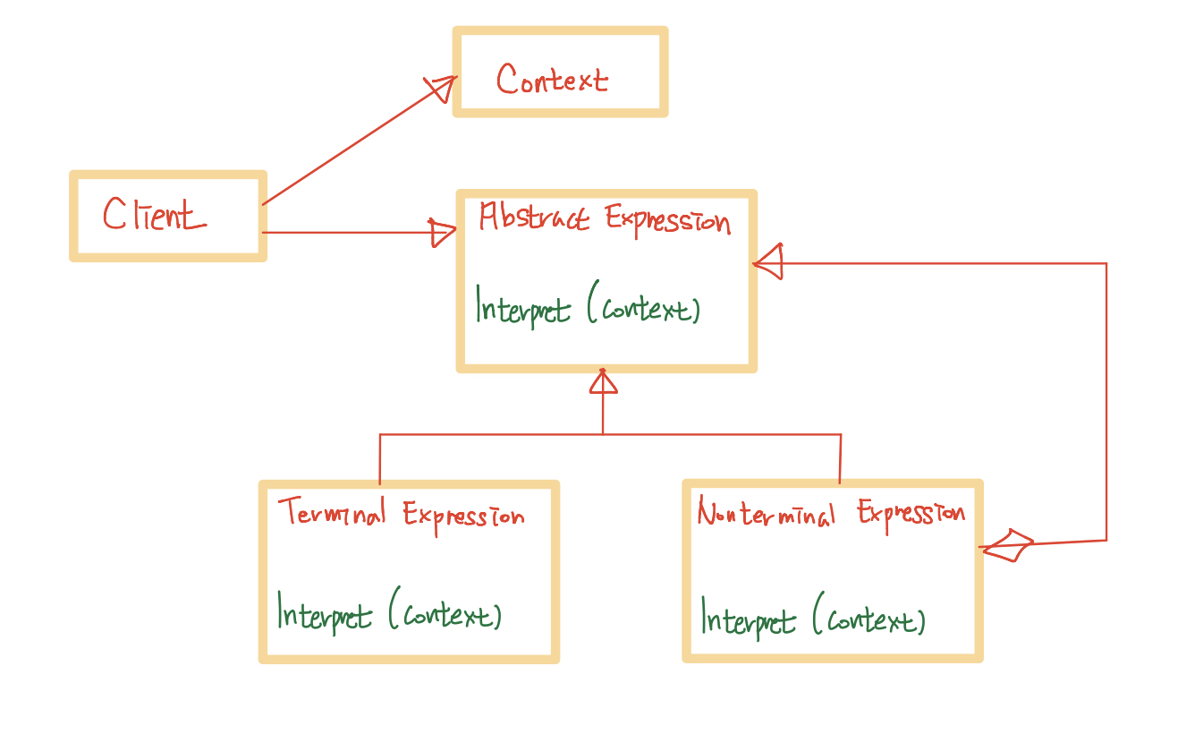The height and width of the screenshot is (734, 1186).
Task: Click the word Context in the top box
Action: pyautogui.click(x=552, y=80)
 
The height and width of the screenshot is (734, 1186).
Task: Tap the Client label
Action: pyautogui.click(x=154, y=216)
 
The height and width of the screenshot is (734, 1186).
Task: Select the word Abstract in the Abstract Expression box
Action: pyautogui.click(x=534, y=218)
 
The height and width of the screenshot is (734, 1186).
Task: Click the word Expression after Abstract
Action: pyautogui.click(x=668, y=220)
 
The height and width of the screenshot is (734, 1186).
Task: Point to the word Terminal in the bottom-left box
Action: pyautogui.click(x=332, y=513)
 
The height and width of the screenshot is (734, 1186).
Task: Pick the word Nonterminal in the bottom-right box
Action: pyautogui.click(x=766, y=514)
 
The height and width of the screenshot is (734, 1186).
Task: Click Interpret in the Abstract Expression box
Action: pyautogui.click(x=522, y=309)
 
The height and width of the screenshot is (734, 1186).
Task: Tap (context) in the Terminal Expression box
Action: pyautogui.click(x=445, y=615)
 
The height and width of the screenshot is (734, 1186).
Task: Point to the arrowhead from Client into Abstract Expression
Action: pyautogui.click(x=443, y=233)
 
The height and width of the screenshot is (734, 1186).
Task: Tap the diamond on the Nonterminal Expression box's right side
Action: pyautogui.click(x=1007, y=544)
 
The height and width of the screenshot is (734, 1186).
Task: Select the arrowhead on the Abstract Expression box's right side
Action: pyautogui.click(x=769, y=262)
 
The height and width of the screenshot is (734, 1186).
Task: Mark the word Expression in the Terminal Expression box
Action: pyautogui.click(x=463, y=516)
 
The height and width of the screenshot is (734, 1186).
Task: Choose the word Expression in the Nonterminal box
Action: pyautogui.click(x=911, y=514)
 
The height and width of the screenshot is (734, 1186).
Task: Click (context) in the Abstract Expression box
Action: pyautogui.click(x=644, y=309)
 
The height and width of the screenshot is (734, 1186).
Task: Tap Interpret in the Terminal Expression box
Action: pyautogui.click(x=324, y=615)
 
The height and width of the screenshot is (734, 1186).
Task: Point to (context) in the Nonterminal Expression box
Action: pyautogui.click(x=868, y=619)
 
